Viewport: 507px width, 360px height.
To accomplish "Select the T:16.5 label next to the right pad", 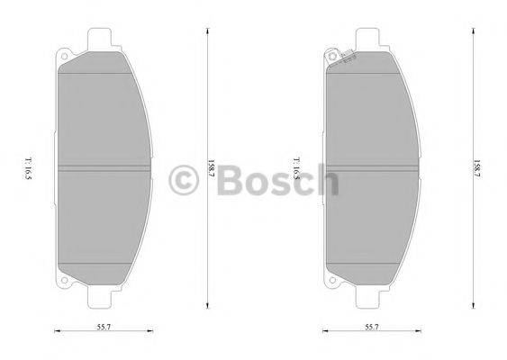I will pos(295,167).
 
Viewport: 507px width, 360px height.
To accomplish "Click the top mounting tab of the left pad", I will pos(103,38).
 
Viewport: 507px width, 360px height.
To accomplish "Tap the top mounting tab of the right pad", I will pos(370,38).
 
